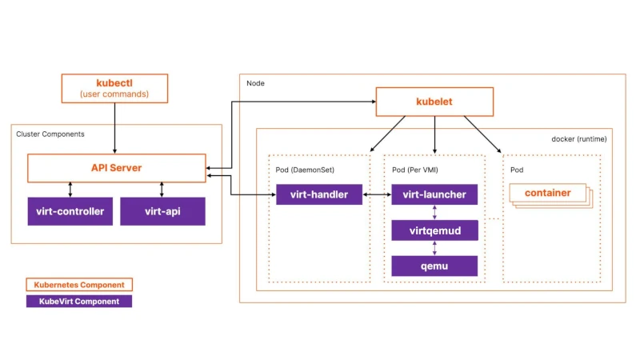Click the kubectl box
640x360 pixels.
[115, 88]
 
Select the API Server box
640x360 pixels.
[116, 168]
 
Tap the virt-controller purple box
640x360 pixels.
[70, 211]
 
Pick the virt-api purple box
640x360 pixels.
[162, 211]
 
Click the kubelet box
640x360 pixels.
[434, 102]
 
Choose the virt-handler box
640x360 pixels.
[318, 194]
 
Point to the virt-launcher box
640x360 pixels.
[434, 194]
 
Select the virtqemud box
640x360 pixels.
[434, 230]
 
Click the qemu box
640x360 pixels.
[434, 266]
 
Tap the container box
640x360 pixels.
[547, 193]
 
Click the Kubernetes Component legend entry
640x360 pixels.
[78, 284]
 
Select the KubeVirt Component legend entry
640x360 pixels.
[78, 302]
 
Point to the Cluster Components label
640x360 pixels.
[50, 134]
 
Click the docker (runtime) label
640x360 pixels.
[578, 138]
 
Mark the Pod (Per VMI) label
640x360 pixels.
[415, 170]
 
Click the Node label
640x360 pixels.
[256, 83]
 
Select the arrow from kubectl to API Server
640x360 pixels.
[115, 128]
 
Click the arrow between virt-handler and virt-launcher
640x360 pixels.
[376, 194]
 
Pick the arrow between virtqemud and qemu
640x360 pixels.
[434, 249]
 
